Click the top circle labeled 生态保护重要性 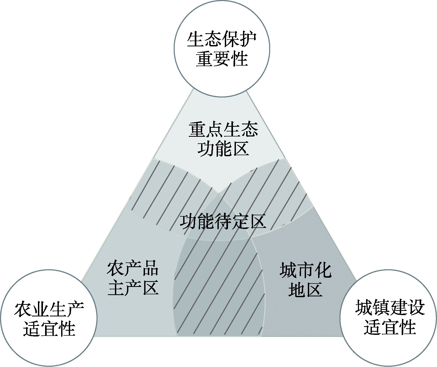[x=222, y=49]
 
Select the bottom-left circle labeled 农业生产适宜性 [x=49, y=318]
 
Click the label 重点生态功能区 [x=223, y=140]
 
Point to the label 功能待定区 [x=223, y=222]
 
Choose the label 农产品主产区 [x=133, y=278]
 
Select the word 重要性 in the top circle [x=222, y=59]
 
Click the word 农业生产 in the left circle [x=49, y=309]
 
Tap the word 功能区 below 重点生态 [x=223, y=149]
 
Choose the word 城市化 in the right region [x=305, y=270]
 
